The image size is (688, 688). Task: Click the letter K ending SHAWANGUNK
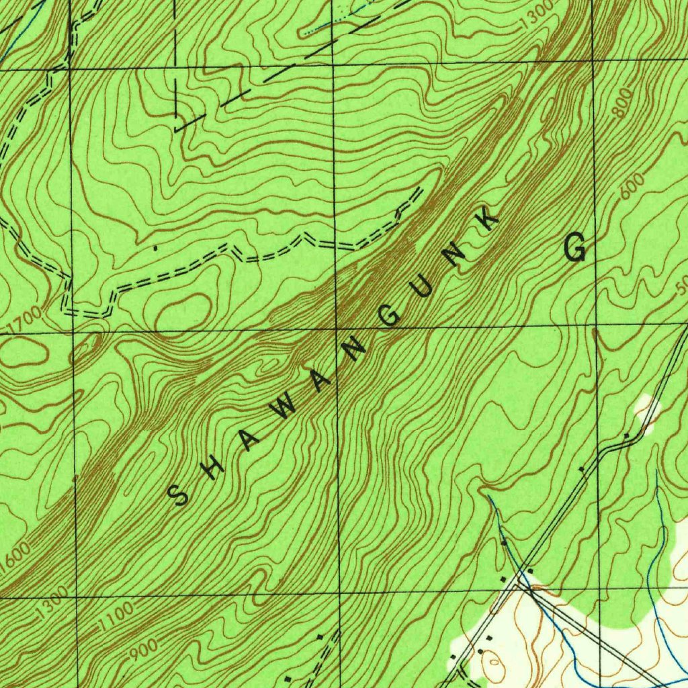[x=488, y=220]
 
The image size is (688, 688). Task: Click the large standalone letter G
[x=576, y=248]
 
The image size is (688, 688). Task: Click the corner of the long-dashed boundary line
[x=175, y=128]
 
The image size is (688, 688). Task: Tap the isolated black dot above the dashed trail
[x=156, y=248]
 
